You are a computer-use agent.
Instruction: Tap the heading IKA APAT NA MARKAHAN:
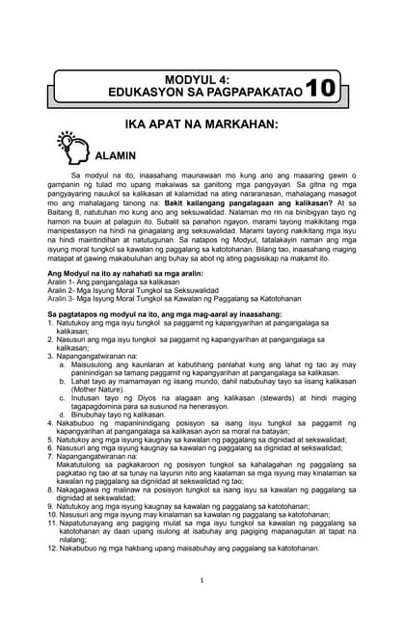click(x=202, y=126)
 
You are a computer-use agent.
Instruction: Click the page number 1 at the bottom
click(x=202, y=579)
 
